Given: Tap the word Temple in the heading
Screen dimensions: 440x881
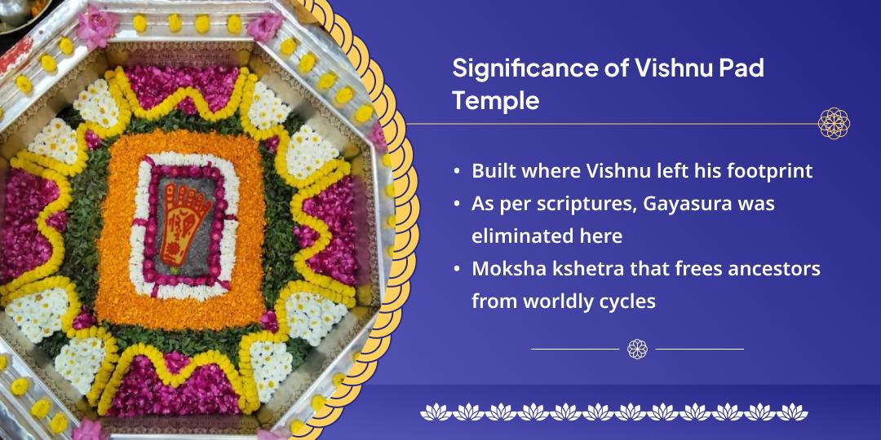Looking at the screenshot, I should coord(496,101).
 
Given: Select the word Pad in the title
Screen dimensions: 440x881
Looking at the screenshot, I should coord(740,68).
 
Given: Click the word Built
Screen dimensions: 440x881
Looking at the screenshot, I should coord(493,171).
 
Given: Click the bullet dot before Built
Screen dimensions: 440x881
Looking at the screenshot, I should coord(457,172).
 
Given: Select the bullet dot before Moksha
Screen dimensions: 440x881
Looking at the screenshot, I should coord(457,269).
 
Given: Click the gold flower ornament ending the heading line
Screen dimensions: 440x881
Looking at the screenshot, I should coord(834,124).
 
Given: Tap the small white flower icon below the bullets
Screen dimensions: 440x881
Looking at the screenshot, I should coord(637,349).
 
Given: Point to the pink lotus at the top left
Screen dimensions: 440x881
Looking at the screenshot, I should coord(96,24).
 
